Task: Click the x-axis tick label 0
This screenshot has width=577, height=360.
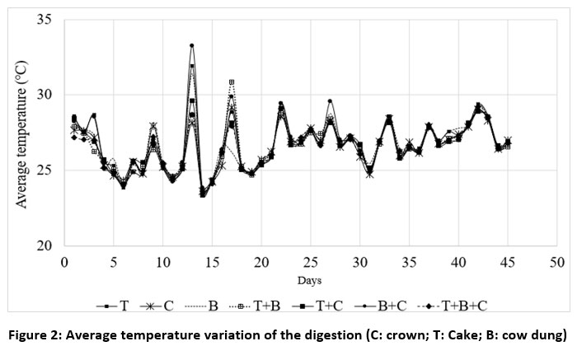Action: point(63,262)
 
